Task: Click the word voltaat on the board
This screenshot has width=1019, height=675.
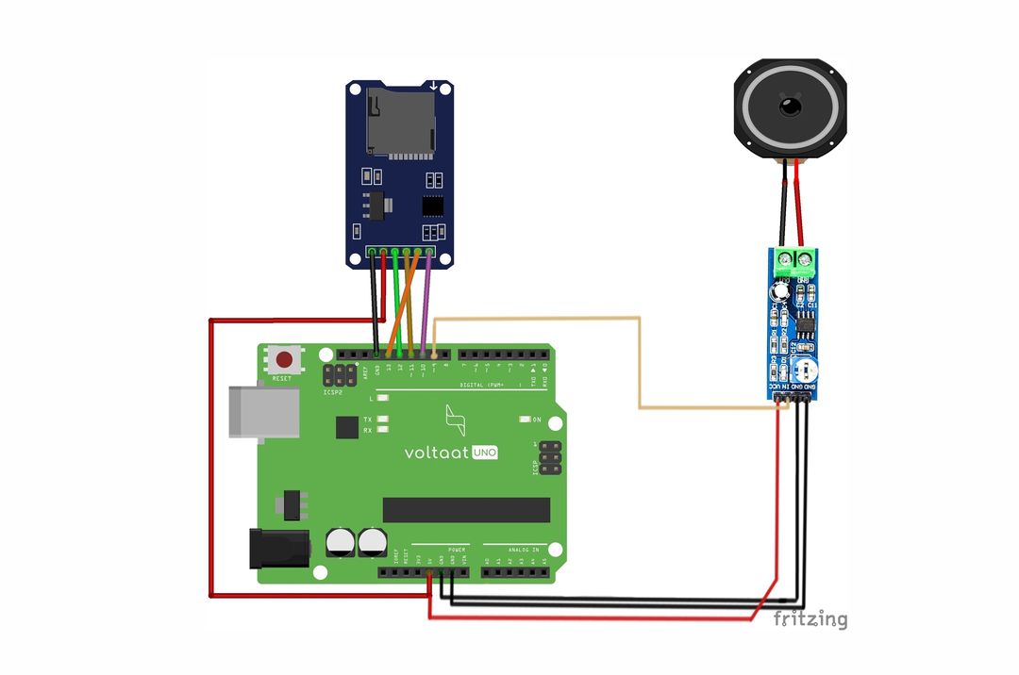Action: [437, 453]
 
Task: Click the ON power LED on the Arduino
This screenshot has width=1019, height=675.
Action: [525, 420]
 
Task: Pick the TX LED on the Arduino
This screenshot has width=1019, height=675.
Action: [382, 419]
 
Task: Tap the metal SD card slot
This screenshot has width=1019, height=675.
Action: [401, 120]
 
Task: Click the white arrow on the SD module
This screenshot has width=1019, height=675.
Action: [433, 86]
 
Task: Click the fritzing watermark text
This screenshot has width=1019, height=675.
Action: [810, 619]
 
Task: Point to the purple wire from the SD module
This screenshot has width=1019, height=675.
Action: [426, 302]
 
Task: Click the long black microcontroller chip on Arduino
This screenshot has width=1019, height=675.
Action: [466, 510]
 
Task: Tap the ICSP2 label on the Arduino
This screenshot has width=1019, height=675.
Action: [332, 392]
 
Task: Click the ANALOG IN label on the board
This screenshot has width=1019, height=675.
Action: [521, 549]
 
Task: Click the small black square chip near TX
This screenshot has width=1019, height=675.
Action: [347, 427]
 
